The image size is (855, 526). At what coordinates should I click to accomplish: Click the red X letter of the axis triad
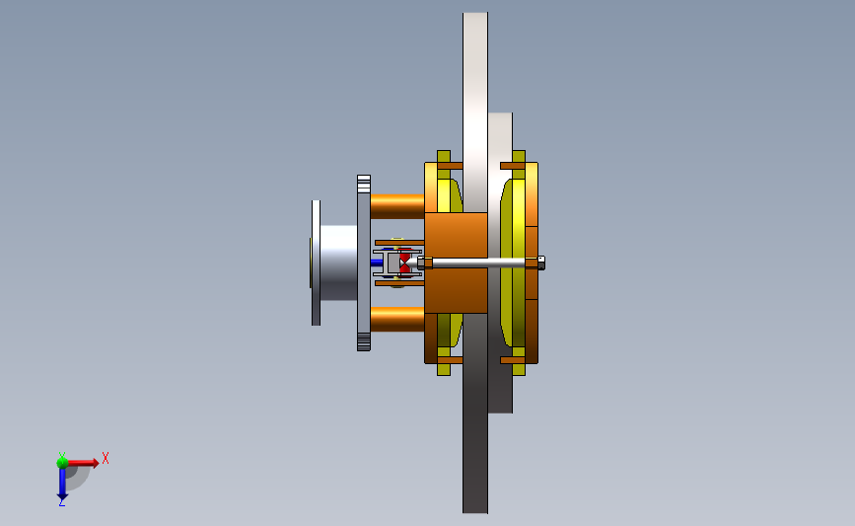coord(106,458)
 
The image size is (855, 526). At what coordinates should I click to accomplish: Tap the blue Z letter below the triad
coord(61,503)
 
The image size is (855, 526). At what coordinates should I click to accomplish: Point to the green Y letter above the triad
coord(62,456)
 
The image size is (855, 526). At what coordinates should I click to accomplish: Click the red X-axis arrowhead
coord(96,463)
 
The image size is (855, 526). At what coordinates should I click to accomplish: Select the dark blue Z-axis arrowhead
coord(62,496)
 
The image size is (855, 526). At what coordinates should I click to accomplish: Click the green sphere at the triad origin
coord(62,463)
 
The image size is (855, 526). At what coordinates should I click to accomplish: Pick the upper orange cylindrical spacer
coord(397,207)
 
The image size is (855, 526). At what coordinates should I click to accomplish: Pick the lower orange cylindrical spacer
coord(397,319)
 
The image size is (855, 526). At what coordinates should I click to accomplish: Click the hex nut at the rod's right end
coord(541,263)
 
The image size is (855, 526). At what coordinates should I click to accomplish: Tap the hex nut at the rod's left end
coord(425,263)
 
